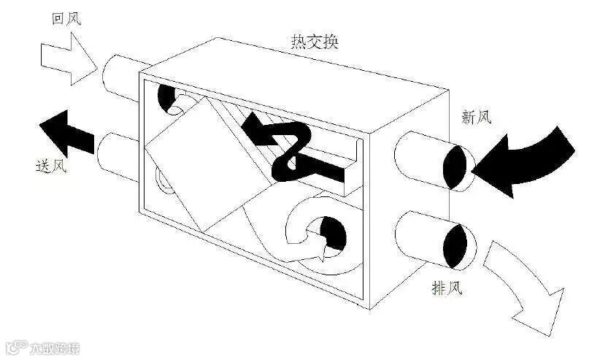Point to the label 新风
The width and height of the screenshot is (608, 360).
point(478,115)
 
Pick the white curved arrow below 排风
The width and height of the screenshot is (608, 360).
point(526,281)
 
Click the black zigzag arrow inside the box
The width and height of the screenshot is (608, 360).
point(292,146)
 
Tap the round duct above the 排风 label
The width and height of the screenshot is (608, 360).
point(431,241)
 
